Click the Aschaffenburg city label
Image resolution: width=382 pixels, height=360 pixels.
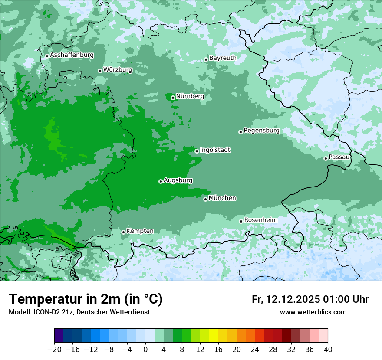(72, 55)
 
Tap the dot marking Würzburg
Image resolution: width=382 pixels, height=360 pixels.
(100, 71)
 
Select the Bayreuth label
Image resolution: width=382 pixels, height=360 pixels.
(223, 58)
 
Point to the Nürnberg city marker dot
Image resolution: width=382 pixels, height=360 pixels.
(173, 98)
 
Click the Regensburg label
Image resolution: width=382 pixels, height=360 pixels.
(261, 130)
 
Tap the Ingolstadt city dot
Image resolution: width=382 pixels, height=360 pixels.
(197, 151)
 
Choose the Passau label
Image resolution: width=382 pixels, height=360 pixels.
(339, 157)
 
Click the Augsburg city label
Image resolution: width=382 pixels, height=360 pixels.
(178, 180)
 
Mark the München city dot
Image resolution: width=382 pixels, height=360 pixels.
(205, 200)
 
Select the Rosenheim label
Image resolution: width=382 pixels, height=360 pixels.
(260, 220)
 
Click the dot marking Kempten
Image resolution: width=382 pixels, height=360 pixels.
(123, 232)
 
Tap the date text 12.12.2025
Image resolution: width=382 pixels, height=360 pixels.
(293, 299)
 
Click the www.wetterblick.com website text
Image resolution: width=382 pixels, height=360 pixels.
(313, 312)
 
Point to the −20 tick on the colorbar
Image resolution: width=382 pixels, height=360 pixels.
(54, 350)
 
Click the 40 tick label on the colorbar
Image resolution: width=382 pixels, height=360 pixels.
(328, 350)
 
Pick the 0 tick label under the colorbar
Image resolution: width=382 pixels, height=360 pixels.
(145, 350)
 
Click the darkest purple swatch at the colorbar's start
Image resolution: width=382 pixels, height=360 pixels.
(59, 336)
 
